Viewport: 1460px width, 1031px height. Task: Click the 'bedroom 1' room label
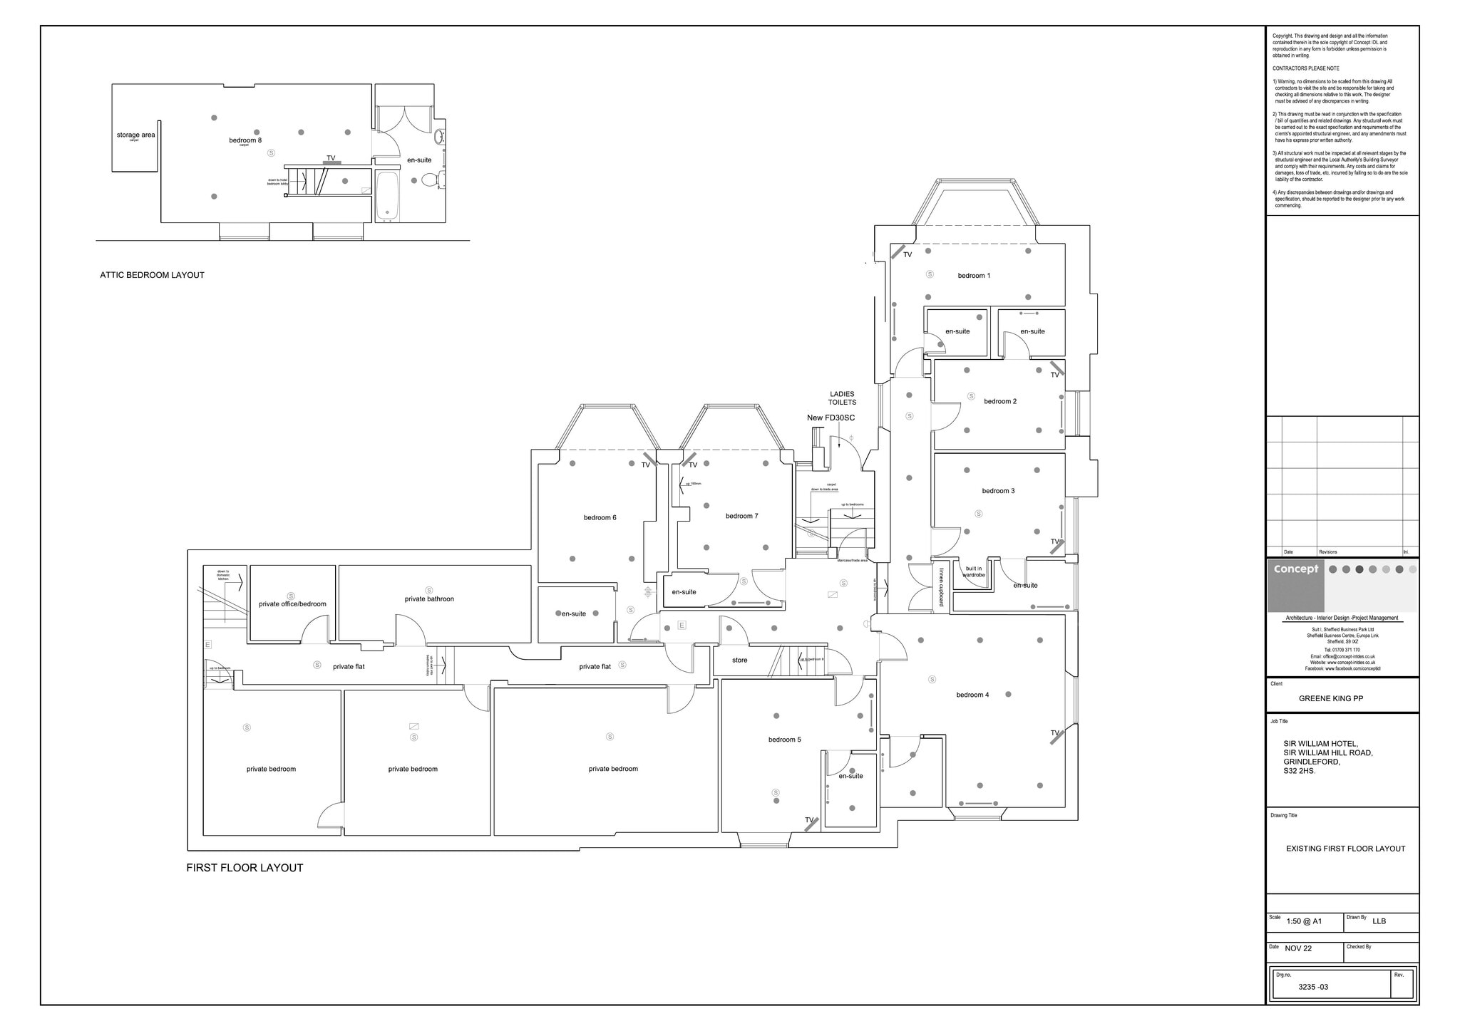[x=973, y=276]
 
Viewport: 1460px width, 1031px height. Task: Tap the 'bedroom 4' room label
[x=972, y=695]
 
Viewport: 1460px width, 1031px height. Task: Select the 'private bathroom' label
[x=429, y=599]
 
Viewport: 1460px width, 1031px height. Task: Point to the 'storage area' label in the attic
[x=135, y=135]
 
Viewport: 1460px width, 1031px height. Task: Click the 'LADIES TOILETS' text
[x=841, y=398]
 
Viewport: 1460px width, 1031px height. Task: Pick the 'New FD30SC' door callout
[x=831, y=418]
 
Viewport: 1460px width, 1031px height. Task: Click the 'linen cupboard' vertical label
[x=941, y=586]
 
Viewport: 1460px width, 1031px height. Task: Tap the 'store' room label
[x=739, y=660]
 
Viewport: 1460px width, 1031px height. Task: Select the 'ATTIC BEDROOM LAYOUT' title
[x=152, y=275]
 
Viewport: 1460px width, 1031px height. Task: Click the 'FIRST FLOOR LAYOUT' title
[x=245, y=868]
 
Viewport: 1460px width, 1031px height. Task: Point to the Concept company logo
[x=1295, y=570]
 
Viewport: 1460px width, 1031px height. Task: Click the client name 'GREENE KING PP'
[x=1330, y=699]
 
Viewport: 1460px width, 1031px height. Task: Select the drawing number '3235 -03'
[x=1312, y=987]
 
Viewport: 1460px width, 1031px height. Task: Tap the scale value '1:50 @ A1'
[x=1304, y=921]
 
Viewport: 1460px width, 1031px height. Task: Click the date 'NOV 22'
[x=1298, y=948]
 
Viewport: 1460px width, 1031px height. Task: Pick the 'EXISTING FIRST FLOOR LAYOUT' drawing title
[x=1345, y=849]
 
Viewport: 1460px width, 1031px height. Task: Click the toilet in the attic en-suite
[x=429, y=180]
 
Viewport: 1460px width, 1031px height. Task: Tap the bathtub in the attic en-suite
[x=388, y=195]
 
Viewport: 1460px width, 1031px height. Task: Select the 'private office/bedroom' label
[x=292, y=604]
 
